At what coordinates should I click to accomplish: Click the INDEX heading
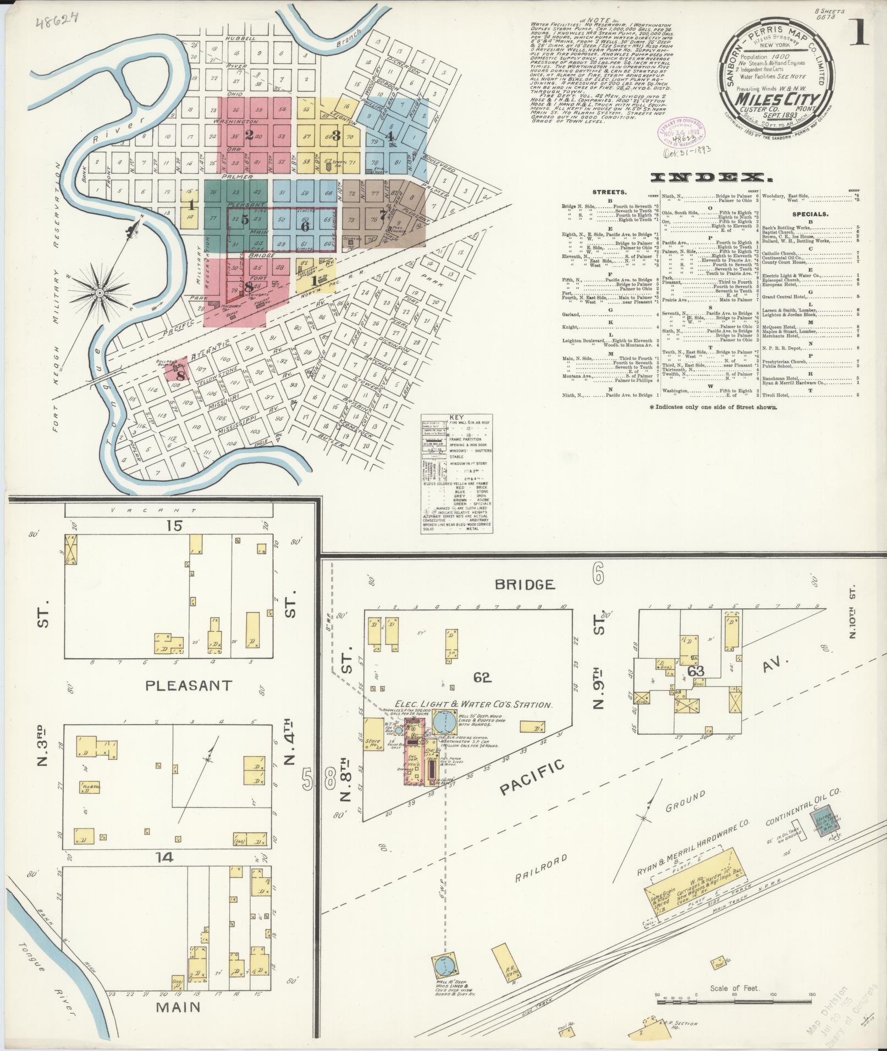[x=708, y=177]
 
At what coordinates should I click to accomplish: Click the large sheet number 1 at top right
[x=860, y=35]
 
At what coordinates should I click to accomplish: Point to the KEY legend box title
[x=456, y=418]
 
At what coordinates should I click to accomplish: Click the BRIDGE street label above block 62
[x=524, y=584]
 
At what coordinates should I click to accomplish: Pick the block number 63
[x=696, y=671]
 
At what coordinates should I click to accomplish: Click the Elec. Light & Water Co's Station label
[x=473, y=705]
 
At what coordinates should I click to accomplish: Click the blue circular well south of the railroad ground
[x=444, y=965]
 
